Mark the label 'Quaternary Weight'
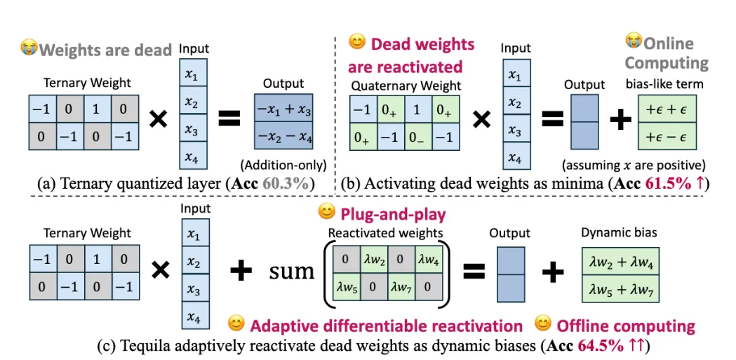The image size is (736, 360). click(x=406, y=86)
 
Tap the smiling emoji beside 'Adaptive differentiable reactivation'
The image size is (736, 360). click(x=237, y=325)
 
